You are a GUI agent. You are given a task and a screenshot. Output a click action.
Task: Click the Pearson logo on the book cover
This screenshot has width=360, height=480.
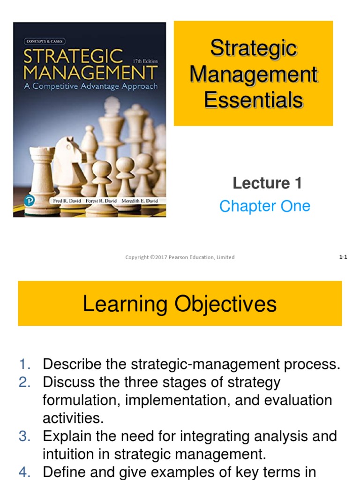[30, 200]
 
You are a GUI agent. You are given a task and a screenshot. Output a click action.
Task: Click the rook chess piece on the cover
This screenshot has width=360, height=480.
[42, 178]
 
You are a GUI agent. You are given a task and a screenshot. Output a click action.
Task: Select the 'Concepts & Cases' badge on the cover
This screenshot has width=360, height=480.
[43, 41]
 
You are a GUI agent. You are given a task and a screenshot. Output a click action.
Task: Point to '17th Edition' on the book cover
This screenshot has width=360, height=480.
[145, 61]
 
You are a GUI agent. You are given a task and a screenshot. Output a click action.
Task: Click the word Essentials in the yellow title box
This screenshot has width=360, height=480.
[254, 100]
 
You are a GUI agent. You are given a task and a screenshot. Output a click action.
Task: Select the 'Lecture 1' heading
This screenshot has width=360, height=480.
[267, 183]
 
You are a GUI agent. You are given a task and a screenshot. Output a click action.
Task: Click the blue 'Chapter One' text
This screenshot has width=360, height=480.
[265, 206]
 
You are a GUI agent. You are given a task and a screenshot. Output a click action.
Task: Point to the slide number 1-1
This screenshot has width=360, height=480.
[343, 257]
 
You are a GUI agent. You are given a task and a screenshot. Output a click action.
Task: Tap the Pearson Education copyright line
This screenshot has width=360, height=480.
[180, 257]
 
